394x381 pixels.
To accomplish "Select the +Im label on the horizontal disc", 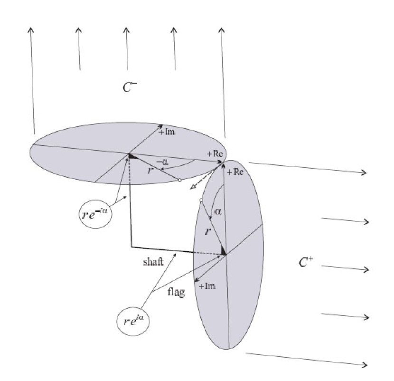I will pyautogui.click(x=167, y=132).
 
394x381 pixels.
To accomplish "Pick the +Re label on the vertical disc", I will pyautogui.click(x=235, y=173).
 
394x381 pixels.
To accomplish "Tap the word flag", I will pyautogui.click(x=176, y=292).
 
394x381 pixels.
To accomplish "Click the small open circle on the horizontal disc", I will pyautogui.click(x=179, y=181).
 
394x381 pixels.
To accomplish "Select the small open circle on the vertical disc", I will pyautogui.click(x=201, y=200).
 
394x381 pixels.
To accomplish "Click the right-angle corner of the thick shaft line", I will pyautogui.click(x=131, y=247).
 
